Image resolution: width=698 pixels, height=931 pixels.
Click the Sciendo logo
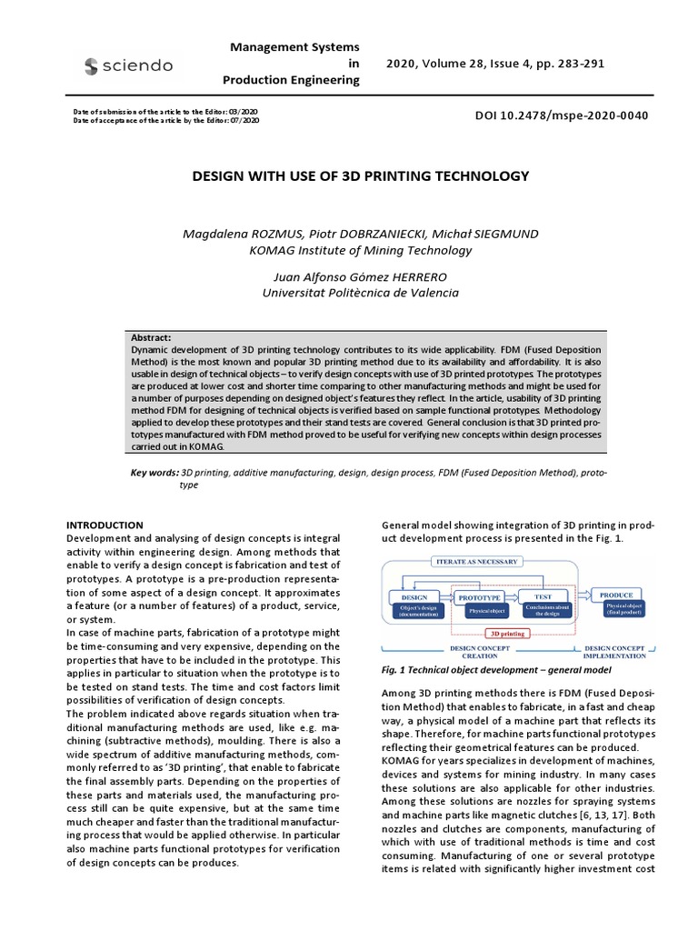(x=128, y=65)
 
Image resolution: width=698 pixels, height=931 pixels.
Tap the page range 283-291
(x=578, y=64)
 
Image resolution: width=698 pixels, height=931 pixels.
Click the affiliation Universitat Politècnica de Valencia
(x=361, y=293)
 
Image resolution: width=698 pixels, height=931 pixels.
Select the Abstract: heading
(x=151, y=337)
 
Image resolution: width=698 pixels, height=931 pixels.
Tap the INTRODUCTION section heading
(x=105, y=526)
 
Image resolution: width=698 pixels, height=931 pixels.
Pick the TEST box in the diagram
(x=536, y=596)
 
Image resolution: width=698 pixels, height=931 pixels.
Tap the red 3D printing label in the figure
(x=508, y=633)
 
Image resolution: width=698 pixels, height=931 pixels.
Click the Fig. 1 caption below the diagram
(x=484, y=669)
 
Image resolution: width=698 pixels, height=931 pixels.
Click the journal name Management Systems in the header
(x=294, y=46)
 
